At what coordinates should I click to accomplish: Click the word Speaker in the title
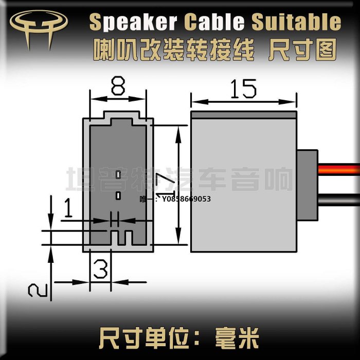133,22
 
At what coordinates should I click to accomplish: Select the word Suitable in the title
296,22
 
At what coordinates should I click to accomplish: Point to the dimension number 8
118,86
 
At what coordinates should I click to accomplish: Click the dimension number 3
101,267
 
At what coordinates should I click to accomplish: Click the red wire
339,170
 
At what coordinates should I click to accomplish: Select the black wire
339,199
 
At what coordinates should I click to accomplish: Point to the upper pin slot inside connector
118,175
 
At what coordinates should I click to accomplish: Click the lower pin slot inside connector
118,195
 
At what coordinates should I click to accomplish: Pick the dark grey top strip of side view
244,114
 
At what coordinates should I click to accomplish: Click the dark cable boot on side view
308,184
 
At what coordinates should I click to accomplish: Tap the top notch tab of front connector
122,115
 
